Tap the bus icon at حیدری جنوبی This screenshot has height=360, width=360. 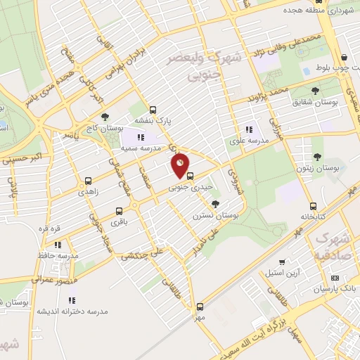pos(190,176)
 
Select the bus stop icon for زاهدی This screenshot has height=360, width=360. pos(87,181)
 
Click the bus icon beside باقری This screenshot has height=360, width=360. pos(118,211)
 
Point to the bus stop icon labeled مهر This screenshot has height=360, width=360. pos(200,306)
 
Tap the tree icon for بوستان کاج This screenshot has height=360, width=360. pos(105,117)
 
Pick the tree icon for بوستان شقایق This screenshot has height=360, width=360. pos(315,91)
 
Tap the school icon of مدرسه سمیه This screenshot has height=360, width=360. pos(141,136)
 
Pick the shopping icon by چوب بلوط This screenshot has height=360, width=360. pos(343,58)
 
